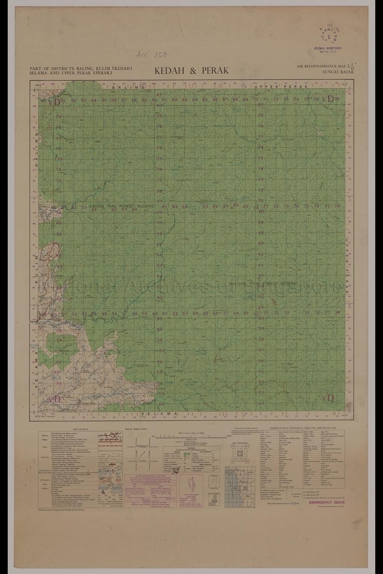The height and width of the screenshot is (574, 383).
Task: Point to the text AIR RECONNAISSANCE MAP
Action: point(320,66)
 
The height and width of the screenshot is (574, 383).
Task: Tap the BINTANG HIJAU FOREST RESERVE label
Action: point(264,284)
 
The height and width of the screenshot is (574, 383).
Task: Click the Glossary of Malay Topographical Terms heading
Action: point(303,427)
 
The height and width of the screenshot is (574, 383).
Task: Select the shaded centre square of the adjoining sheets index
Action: point(240,453)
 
